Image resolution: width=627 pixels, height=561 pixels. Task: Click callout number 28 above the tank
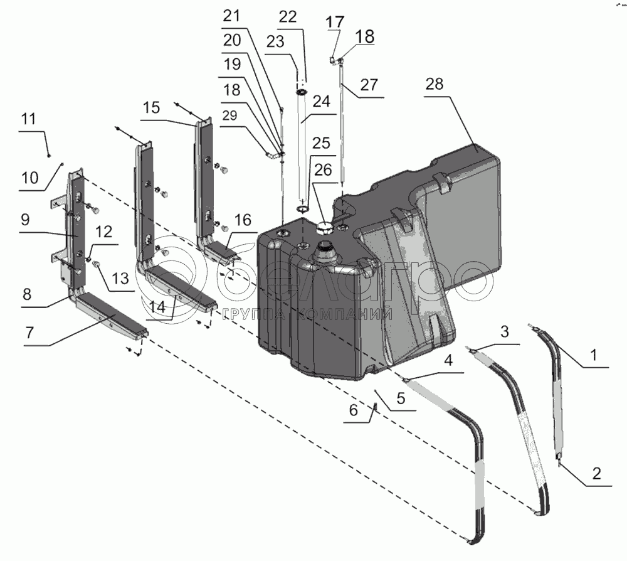click(x=436, y=85)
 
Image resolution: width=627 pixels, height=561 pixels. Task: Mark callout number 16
click(x=244, y=220)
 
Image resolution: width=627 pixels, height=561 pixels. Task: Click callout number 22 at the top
click(x=288, y=18)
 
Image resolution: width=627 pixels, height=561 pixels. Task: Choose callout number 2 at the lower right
click(x=596, y=473)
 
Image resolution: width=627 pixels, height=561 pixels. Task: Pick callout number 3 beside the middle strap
click(x=508, y=331)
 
